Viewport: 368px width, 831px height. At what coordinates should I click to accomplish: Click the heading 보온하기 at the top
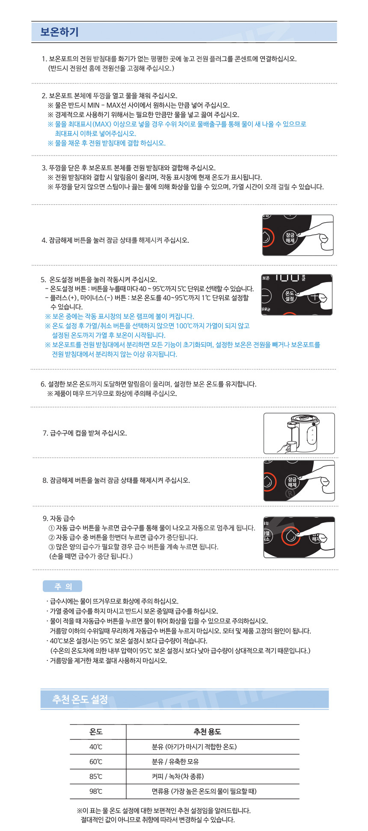click(59, 32)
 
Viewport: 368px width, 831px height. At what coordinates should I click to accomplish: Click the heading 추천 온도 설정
click(80, 699)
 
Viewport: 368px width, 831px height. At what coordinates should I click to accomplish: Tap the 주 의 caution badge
click(62, 586)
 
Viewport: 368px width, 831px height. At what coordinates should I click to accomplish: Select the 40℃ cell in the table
click(96, 746)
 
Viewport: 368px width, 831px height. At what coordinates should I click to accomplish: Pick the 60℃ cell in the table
click(96, 761)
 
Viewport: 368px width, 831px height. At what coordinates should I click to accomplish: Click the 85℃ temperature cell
click(96, 776)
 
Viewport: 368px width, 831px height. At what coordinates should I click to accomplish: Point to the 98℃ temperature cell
click(96, 791)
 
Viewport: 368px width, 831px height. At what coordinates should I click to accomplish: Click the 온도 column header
click(96, 731)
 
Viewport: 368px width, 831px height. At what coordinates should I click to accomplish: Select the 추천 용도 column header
click(208, 731)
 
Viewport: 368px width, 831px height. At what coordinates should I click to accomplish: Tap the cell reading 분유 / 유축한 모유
click(175, 761)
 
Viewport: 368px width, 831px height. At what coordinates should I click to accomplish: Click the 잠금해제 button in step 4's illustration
click(290, 238)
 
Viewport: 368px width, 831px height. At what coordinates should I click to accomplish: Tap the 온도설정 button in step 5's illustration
click(290, 296)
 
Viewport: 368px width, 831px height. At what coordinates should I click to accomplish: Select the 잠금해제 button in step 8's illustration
click(292, 482)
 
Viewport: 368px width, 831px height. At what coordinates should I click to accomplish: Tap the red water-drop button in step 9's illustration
click(291, 536)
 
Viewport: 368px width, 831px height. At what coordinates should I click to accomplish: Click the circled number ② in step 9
click(52, 537)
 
